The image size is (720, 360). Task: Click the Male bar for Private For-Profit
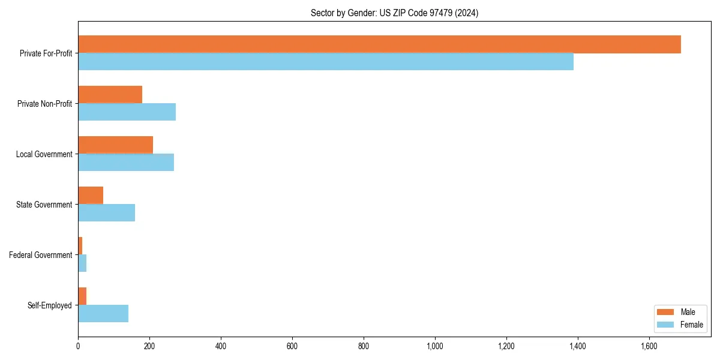pos(379,44)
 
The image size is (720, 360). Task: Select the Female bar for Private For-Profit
pos(326,62)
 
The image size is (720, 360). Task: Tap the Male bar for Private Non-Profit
pos(110,95)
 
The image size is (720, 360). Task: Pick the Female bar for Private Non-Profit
pos(127,112)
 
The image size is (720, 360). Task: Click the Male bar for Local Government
pos(116,145)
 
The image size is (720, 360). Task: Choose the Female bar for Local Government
pos(126,163)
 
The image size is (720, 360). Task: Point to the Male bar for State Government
pos(91,196)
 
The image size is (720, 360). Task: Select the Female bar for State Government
pos(107,213)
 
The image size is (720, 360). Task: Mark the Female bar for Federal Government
pos(82,263)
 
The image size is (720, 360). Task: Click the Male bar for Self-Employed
pos(82,296)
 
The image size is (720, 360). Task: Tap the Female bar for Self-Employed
pos(103,314)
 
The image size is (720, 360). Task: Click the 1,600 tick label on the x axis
pos(649,346)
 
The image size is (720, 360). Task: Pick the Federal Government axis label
pos(41,255)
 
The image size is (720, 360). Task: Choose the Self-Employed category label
pos(50,305)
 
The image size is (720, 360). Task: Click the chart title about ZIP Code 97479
pos(394,13)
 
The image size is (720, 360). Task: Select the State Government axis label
pos(44,205)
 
